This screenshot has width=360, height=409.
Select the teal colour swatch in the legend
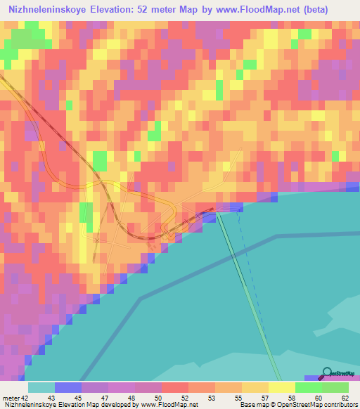coord(41,387)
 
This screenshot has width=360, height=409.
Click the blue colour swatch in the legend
coord(68,387)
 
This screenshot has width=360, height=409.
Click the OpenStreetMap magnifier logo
coord(326,374)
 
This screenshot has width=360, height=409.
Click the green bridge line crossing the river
coord(249,295)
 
